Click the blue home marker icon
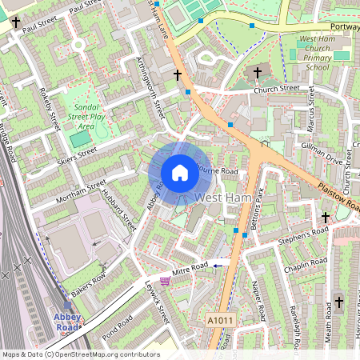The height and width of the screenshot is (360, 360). pyautogui.click(x=180, y=172)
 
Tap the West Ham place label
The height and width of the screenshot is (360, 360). pyautogui.click(x=223, y=197)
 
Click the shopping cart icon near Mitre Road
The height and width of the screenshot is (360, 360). pyautogui.click(x=166, y=281)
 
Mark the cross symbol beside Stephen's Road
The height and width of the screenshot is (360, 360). pyautogui.click(x=326, y=217)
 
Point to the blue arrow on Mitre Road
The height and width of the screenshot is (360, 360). pyautogui.click(x=218, y=262)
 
